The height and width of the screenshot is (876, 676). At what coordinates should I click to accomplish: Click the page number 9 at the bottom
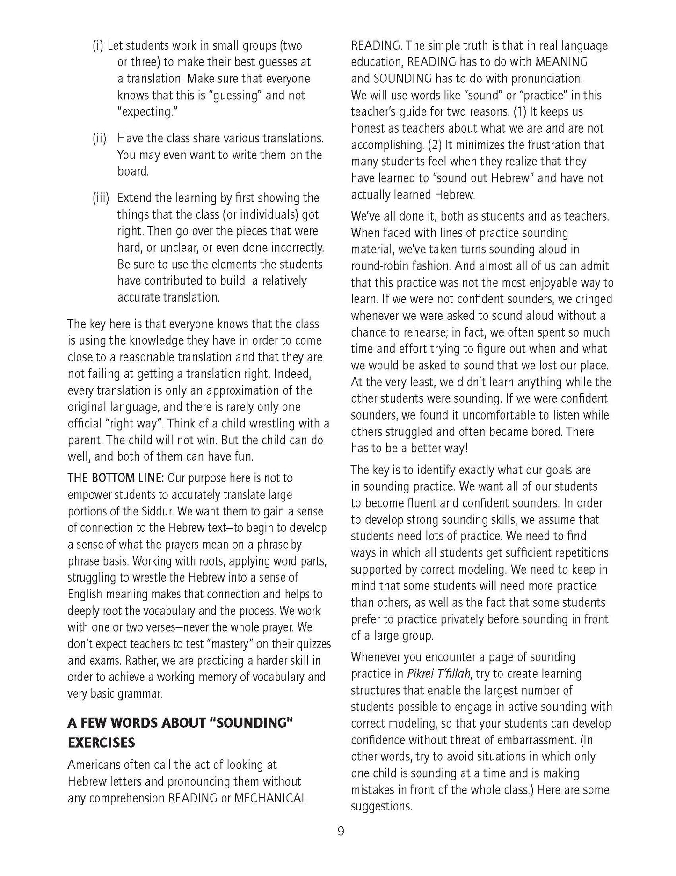[x=341, y=832]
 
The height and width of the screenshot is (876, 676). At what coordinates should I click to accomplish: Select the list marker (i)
[x=97, y=46]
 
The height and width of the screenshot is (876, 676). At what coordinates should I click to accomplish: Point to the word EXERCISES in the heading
[x=101, y=743]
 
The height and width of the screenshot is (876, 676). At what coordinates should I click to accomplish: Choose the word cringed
[x=592, y=299]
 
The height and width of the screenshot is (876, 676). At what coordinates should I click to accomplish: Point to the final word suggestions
[x=381, y=806]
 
